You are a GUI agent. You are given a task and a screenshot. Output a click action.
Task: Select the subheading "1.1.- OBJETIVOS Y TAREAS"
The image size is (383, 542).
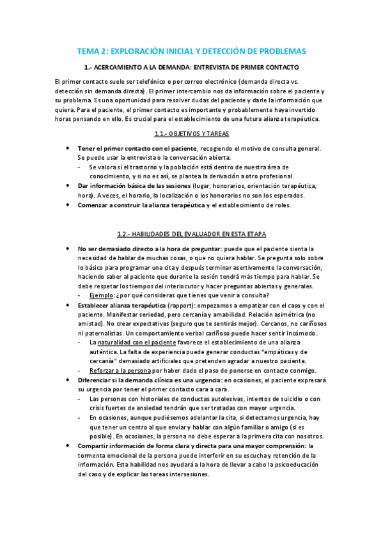tap(191, 134)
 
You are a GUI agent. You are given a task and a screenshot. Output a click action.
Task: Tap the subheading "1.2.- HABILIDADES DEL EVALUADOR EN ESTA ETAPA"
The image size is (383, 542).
tap(191, 234)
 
